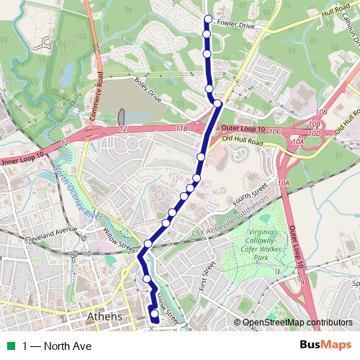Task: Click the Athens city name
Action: (104, 317)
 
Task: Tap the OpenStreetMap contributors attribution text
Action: (297, 323)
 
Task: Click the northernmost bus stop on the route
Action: (208, 19)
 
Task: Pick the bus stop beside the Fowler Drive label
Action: (207, 34)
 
